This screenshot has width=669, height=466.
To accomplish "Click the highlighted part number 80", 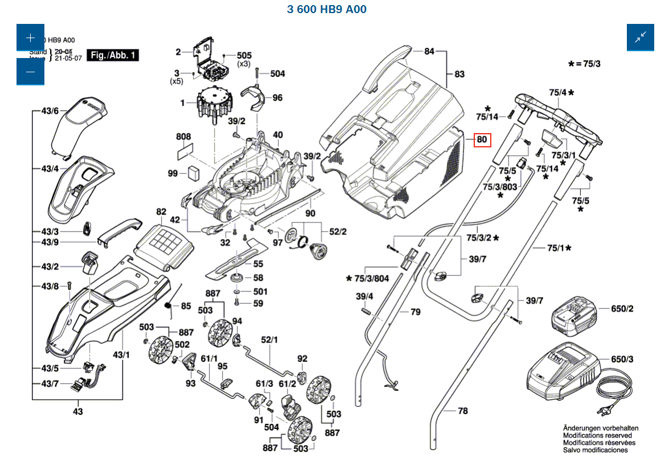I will tap(482, 139).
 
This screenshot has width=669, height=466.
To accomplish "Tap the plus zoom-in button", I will tap(30, 38).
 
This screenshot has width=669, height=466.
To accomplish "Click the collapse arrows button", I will tap(641, 38).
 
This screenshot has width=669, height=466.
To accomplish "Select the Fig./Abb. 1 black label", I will tap(113, 55).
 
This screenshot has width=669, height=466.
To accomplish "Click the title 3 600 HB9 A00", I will tap(327, 10).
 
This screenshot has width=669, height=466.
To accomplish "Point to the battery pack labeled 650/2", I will tap(573, 316).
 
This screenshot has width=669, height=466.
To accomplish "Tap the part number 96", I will tap(277, 98).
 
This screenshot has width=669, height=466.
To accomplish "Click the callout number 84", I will tap(429, 52).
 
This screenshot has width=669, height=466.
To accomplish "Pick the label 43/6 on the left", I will tap(50, 111).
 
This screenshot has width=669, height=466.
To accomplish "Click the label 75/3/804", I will tap(372, 278).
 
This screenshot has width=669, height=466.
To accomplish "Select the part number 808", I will tap(183, 137).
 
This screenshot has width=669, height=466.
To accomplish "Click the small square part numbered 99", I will tap(194, 172).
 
